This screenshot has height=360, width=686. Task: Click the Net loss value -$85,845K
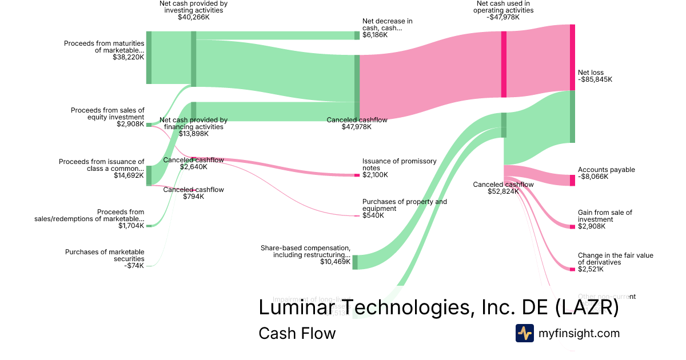(595, 80)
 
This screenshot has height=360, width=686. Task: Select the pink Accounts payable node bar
(572, 181)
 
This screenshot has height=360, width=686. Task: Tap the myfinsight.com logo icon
(524, 333)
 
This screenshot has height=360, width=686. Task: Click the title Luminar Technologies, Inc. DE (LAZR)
(438, 307)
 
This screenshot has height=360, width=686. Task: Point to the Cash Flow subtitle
(297, 333)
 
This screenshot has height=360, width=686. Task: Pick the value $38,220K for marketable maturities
(129, 57)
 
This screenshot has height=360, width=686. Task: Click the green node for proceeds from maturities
(149, 57)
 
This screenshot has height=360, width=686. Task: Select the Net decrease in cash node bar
(357, 35)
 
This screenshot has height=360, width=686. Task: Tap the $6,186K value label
(375, 35)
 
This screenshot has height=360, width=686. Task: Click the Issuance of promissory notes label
(399, 165)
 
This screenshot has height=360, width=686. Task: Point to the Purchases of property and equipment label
(405, 205)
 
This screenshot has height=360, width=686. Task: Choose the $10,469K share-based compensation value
(335, 262)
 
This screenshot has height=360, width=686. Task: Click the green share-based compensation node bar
(354, 262)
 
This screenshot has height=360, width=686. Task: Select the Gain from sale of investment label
(605, 216)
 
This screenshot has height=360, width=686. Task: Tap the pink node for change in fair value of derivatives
(572, 269)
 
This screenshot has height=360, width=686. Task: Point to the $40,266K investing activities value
(193, 17)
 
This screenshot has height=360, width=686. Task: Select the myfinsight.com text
(579, 333)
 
